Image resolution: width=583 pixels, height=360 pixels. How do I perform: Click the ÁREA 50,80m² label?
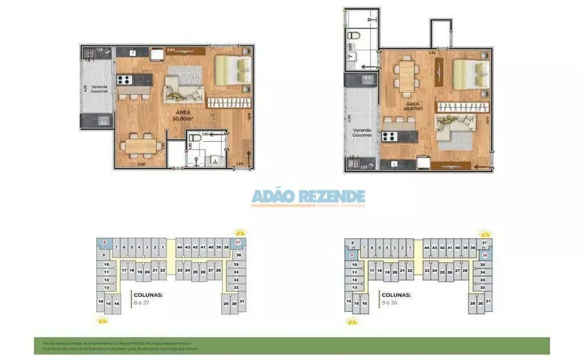[183, 115]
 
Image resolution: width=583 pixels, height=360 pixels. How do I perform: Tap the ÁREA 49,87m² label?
[414, 106]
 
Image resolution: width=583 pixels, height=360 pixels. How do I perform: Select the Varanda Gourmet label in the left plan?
[99, 90]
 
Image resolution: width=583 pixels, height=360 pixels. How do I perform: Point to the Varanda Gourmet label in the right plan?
[361, 132]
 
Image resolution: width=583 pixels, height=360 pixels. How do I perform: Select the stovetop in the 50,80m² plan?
[126, 80]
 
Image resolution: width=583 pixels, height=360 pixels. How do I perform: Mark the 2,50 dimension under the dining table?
[141, 165]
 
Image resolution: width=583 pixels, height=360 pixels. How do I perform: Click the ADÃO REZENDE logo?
[308, 197]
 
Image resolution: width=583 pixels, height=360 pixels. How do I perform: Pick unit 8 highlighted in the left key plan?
[104, 242]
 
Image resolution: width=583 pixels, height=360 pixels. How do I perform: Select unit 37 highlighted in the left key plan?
[237, 242]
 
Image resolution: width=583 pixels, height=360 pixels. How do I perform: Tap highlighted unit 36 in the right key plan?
[485, 255]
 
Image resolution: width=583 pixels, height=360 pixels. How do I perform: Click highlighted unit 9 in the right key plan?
[352, 255]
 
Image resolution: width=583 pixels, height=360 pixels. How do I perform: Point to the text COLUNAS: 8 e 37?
[147, 298]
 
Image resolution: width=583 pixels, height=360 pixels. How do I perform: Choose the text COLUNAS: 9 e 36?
[395, 298]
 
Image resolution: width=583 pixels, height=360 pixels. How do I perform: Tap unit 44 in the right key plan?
[427, 248]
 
